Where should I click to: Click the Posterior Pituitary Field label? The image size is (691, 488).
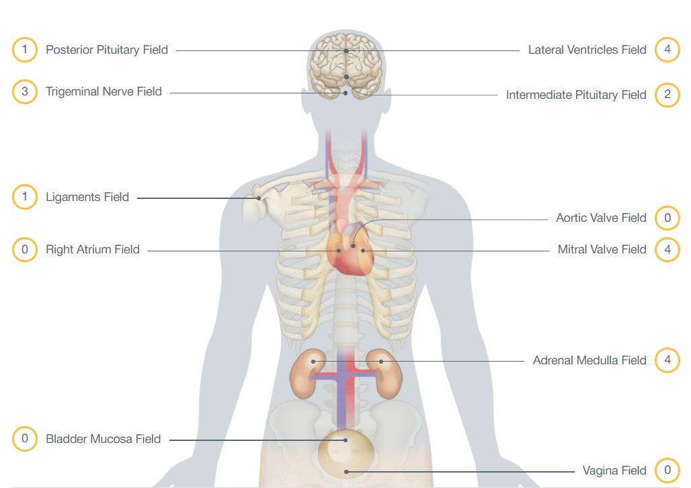tap(107, 50)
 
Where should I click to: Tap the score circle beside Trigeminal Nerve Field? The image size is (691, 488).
tap(25, 91)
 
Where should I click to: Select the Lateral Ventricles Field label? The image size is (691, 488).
tap(587, 50)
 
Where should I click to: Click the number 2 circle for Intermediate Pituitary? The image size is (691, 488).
tap(667, 95)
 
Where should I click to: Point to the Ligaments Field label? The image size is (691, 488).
tap(87, 198)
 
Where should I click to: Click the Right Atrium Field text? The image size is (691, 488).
tap(93, 249)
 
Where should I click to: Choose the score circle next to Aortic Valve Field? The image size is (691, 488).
tap(667, 218)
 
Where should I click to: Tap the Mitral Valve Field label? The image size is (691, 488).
tap(602, 249)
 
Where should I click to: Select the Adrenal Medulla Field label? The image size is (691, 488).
tap(590, 360)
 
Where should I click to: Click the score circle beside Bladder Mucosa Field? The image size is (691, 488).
tap(25, 439)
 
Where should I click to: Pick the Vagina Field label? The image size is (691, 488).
tap(614, 471)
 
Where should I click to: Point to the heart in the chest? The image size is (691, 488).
tap(350, 252)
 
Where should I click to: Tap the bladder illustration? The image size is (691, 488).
tap(346, 450)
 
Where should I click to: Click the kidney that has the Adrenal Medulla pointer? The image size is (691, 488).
tap(384, 373)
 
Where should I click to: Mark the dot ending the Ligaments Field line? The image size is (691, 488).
tap(257, 198)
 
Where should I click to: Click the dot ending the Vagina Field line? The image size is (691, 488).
tap(347, 471)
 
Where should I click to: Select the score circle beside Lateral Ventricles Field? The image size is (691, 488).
tap(667, 50)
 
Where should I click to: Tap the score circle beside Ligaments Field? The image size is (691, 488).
tap(25, 198)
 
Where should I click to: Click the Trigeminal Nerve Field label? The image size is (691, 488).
tap(104, 91)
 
